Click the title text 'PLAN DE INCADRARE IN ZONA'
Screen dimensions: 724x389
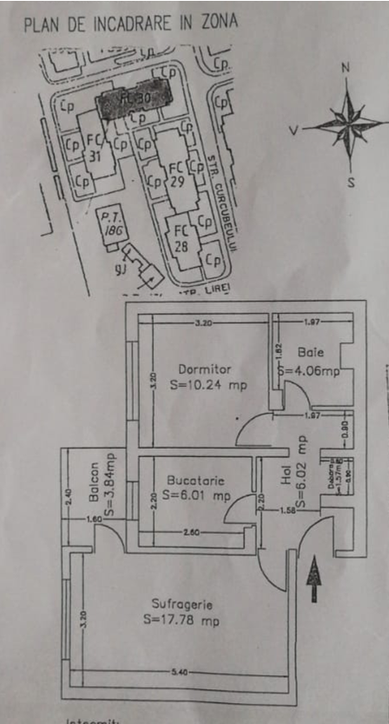[130, 23]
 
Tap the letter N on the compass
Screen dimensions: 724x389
[345, 68]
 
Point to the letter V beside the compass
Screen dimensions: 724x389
[294, 130]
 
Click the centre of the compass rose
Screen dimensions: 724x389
[347, 125]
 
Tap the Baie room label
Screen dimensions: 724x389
[310, 353]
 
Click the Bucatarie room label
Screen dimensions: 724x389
[193, 481]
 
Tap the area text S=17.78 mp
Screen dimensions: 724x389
[181, 620]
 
